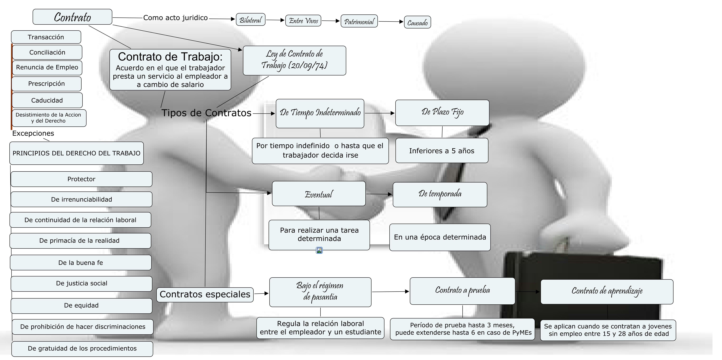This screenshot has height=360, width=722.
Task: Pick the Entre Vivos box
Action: coord(303,21)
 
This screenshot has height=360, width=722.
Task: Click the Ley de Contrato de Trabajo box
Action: coord(294,60)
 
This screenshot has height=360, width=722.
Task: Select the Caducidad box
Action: coord(47,100)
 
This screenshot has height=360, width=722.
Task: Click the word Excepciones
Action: coord(33,133)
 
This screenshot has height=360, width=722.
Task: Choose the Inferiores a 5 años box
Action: coord(442,151)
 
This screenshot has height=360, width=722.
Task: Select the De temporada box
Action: coord(440,194)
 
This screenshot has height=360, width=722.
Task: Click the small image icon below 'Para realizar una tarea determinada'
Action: coord(319,250)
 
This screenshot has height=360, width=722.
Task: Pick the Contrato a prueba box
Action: coord(462,291)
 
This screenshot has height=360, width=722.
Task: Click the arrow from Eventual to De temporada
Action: coord(379,194)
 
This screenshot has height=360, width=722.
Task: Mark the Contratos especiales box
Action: coord(205,294)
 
